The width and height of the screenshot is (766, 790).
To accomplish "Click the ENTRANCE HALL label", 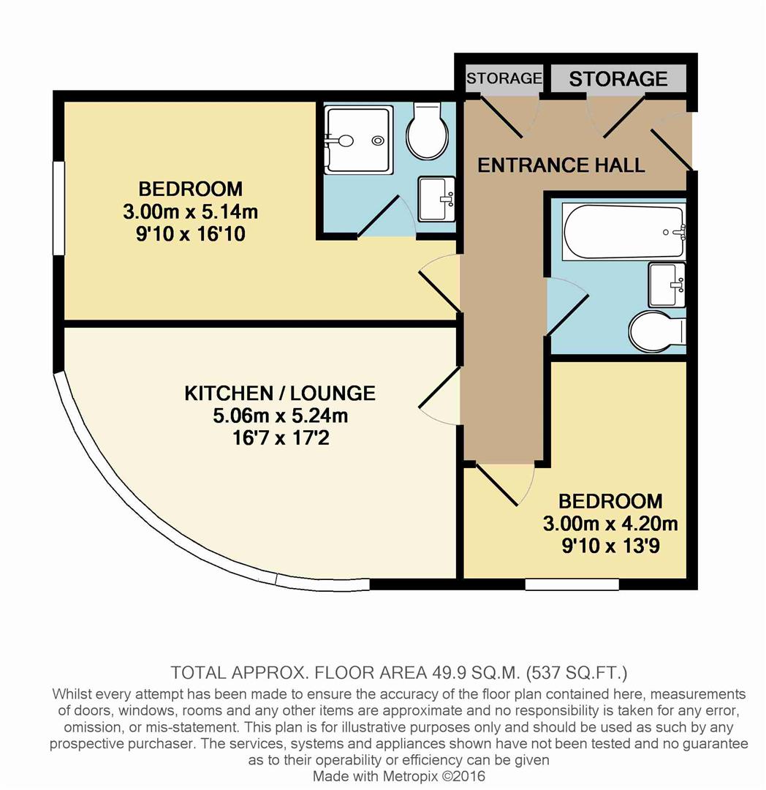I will click(561, 165).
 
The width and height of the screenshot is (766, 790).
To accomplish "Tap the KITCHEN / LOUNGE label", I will click(279, 393).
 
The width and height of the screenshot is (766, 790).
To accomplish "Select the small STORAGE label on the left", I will click(504, 78).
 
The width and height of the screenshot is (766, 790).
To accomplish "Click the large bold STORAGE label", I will click(618, 78).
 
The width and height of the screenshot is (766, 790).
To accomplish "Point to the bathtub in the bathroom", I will click(623, 231).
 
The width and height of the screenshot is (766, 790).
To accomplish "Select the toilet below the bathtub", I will click(658, 331).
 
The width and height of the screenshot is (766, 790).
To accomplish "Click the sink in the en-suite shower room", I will click(437, 198).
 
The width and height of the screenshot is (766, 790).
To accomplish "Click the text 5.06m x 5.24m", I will click(279, 417).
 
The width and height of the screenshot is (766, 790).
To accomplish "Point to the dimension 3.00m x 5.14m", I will click(191, 212).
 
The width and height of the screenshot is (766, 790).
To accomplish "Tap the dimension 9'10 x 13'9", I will click(610, 546).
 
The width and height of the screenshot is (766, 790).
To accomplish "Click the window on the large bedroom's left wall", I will click(58, 208).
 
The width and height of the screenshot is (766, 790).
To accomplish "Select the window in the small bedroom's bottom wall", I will click(572, 584).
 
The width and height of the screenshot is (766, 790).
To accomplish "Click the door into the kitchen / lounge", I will click(440, 395).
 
